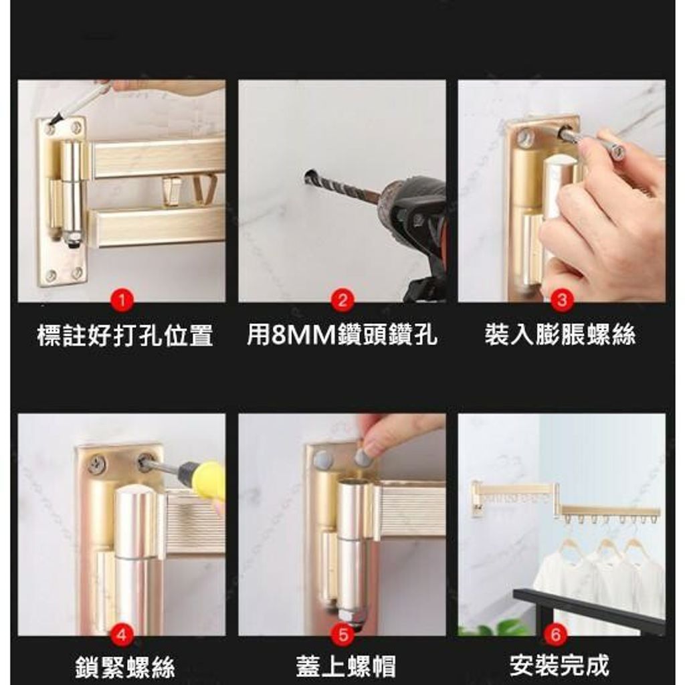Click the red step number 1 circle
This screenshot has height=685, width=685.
coord(122,300)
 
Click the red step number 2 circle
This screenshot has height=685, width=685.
coord(342,300)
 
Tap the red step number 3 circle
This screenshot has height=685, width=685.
coord(562,300)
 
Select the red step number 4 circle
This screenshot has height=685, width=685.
coord(122,634)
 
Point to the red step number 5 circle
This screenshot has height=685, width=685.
coord(342,634)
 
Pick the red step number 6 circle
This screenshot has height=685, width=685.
coord(556,634)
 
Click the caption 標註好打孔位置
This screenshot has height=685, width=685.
coord(125,336)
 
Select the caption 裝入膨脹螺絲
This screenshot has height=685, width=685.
coord(561,334)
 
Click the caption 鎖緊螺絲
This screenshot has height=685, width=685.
coord(125,667)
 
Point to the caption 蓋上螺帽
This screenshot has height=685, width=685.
coord(346,666)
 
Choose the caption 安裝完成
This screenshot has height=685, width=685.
coord(559,666)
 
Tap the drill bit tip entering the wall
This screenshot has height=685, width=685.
coord(308,177)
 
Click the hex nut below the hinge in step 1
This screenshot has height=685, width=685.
coord(72,239)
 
